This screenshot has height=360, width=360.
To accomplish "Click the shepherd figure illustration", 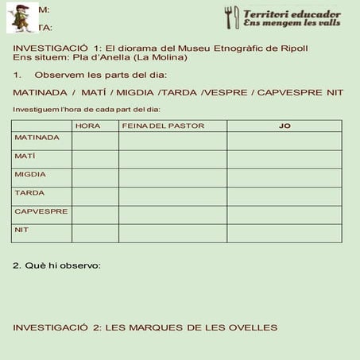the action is pyautogui.click(x=22, y=17).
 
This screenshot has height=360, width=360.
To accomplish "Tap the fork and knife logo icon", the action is pyautogui.click(x=231, y=17).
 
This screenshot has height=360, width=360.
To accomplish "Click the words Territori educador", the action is pyautogui.click(x=292, y=14).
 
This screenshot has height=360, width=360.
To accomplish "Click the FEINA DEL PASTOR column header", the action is pyautogui.click(x=163, y=126).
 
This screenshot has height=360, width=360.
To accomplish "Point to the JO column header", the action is pyautogui.click(x=285, y=126).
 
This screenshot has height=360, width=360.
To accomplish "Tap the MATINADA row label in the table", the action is pyautogui.click(x=37, y=137).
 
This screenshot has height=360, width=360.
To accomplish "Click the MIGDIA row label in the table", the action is pyautogui.click(x=30, y=174).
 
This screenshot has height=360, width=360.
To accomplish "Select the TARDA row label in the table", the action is pyautogui.click(x=28, y=192).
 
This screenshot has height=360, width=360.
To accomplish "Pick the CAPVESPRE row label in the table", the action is pyautogui.click(x=41, y=211).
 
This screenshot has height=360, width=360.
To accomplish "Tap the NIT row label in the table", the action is pyautogui.click(x=21, y=230).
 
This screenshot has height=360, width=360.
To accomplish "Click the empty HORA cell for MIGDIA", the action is pyautogui.click(x=95, y=177).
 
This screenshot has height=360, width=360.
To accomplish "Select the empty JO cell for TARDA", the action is pyautogui.click(x=285, y=196).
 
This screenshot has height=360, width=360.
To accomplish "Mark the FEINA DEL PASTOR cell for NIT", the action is pyautogui.click(x=172, y=233).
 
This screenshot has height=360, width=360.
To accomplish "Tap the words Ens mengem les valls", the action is pyautogui.click(x=292, y=25).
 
